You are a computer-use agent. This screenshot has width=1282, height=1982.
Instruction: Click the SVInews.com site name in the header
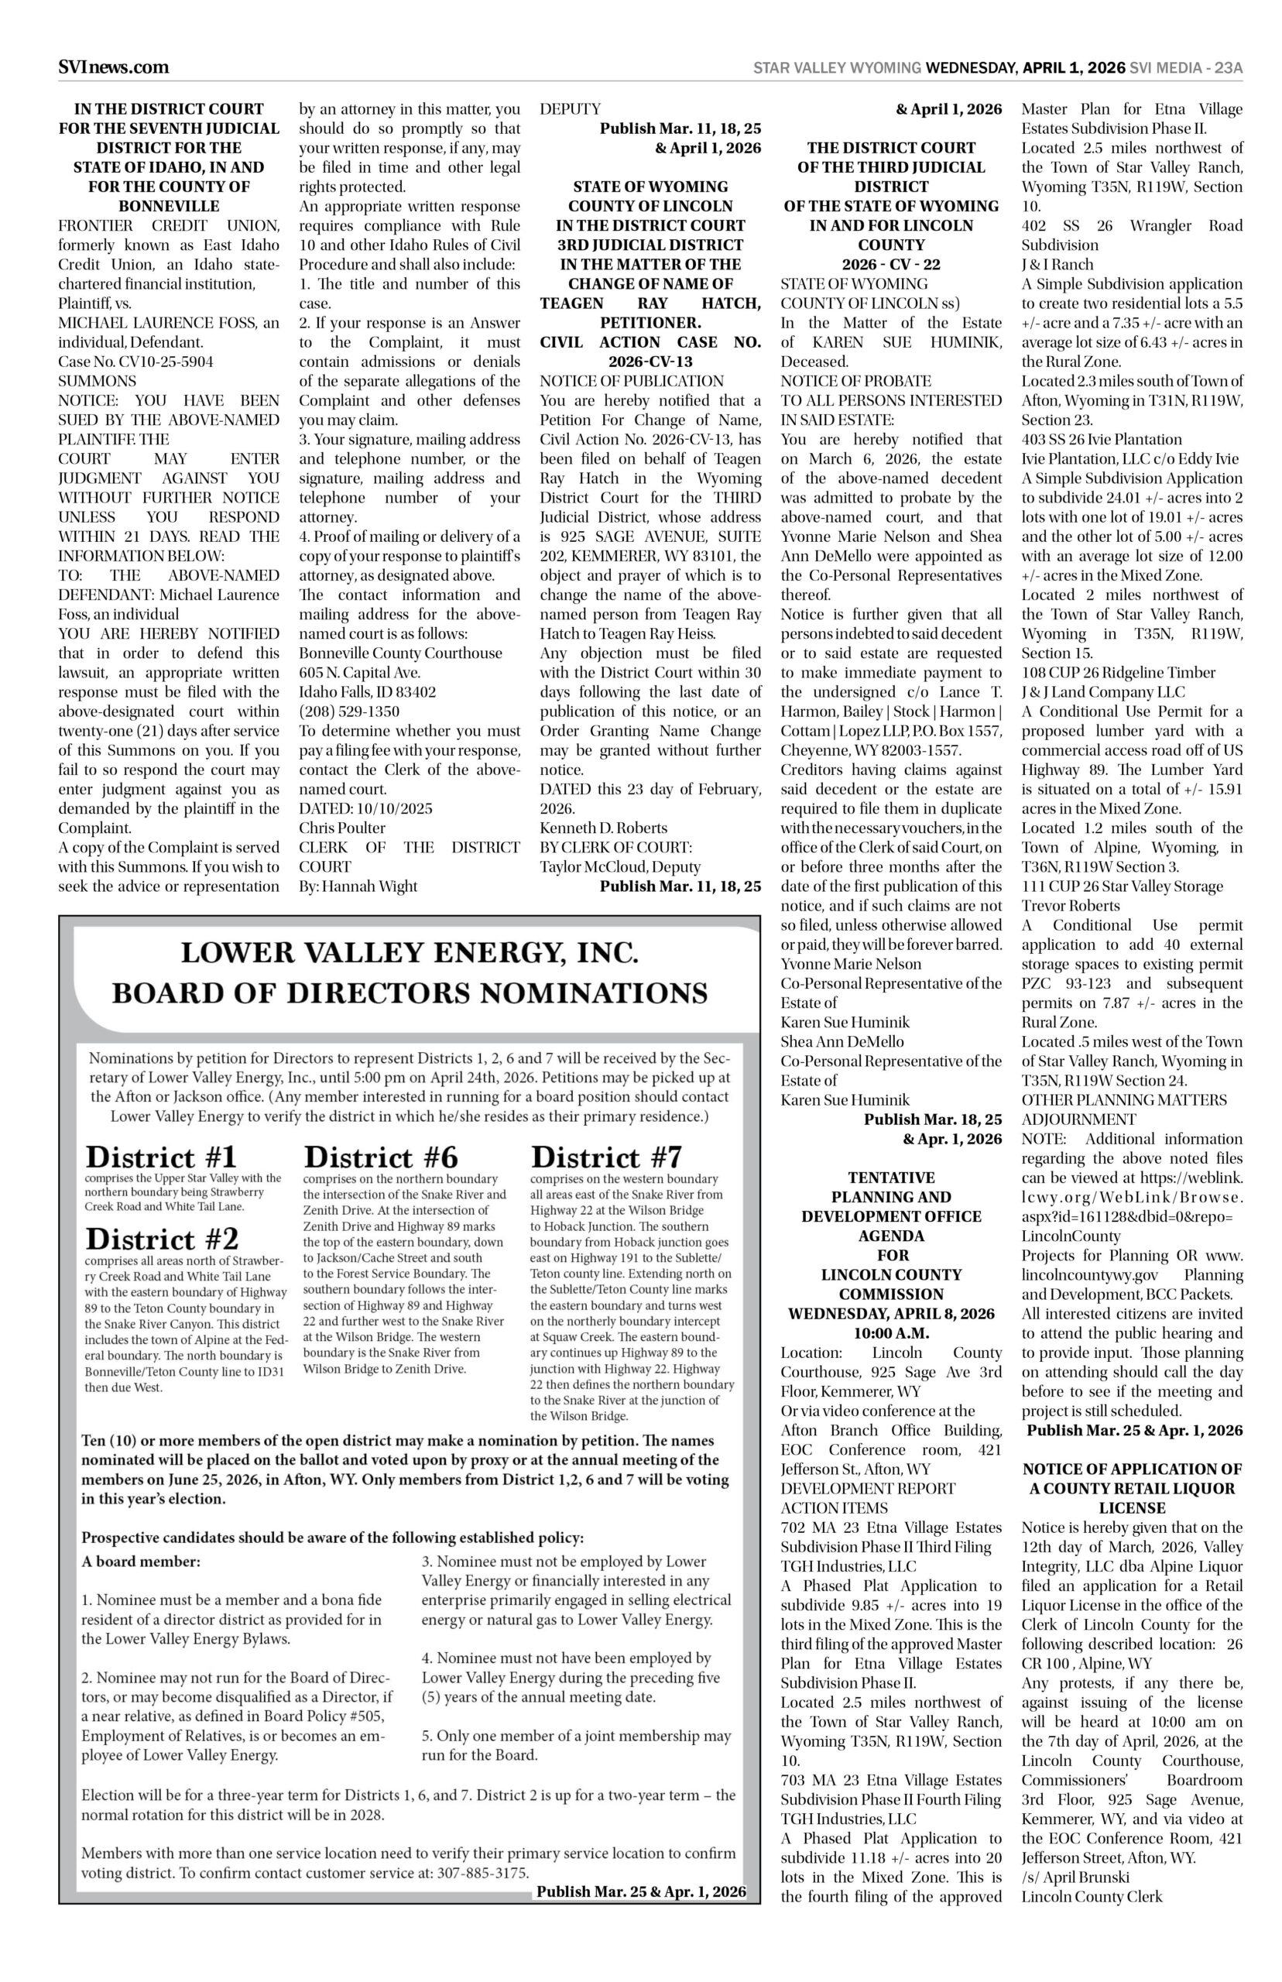(113, 67)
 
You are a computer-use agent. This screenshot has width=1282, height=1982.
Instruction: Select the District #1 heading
(162, 1157)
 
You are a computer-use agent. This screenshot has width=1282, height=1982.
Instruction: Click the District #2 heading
(163, 1240)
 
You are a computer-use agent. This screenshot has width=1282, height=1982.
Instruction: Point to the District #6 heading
(380, 1157)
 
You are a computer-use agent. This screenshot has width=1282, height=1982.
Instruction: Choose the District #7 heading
(606, 1157)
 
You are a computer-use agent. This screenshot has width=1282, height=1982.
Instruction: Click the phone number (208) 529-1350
(349, 712)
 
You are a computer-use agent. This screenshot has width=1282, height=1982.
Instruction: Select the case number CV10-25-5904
(135, 362)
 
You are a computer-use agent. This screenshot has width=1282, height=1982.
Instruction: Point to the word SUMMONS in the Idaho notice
(98, 381)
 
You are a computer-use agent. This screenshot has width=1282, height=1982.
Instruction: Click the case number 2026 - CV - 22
(891, 265)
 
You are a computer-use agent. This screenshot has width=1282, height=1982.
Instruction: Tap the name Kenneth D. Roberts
(604, 828)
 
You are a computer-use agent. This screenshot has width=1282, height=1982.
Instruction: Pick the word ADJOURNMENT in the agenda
(1078, 1120)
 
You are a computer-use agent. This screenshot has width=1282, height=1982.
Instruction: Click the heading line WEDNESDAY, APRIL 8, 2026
(891, 1314)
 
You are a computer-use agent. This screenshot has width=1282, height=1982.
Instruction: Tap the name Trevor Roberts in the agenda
(1071, 906)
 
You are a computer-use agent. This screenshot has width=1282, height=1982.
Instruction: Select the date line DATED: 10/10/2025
(365, 808)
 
